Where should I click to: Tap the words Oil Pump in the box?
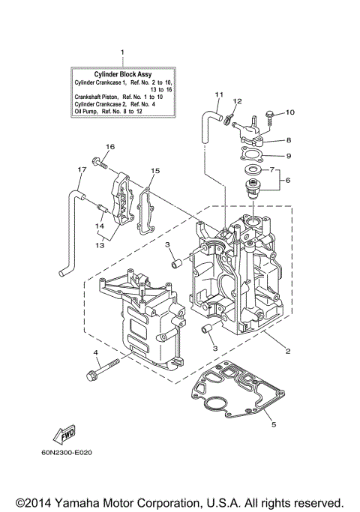click(x=85, y=111)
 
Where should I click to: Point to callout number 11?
click(x=219, y=94)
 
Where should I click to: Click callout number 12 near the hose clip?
click(x=237, y=100)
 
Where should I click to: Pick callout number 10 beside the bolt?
click(x=291, y=112)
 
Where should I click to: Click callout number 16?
click(x=109, y=145)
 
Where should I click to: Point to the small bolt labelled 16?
click(x=97, y=160)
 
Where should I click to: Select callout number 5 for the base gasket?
click(x=274, y=425)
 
